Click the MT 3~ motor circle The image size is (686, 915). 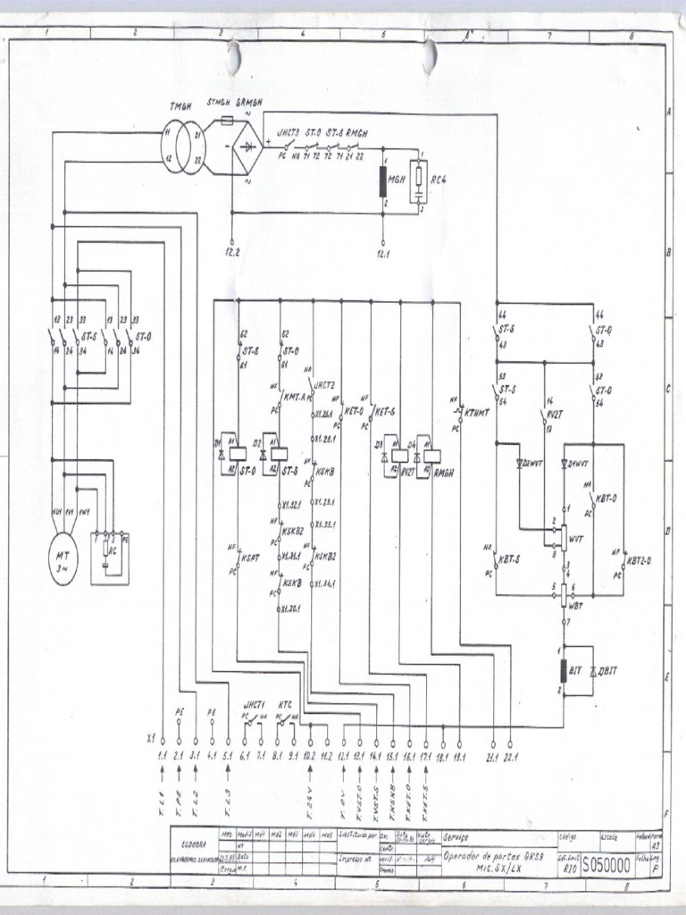point(63,560)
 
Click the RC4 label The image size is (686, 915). point(438,179)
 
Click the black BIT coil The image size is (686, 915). point(564,670)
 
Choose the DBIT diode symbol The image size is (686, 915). point(590,668)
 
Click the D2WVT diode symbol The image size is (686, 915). point(521,464)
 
